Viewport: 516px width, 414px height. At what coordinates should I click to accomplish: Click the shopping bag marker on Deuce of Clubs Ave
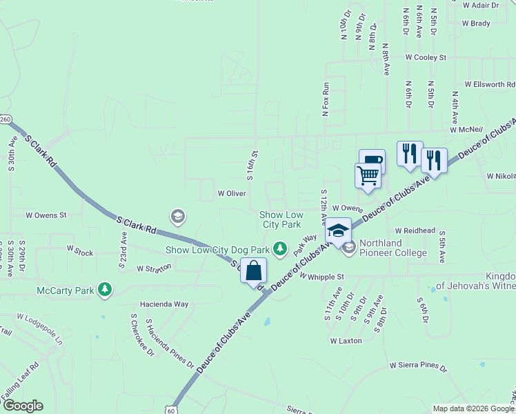pos(253,270)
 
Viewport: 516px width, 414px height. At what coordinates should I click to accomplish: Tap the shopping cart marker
pos(368,175)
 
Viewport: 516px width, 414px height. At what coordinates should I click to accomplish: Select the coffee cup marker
pos(372,161)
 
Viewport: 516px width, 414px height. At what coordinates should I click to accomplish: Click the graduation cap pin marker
pos(338,230)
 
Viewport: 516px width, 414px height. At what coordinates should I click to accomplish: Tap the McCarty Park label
pos(65,290)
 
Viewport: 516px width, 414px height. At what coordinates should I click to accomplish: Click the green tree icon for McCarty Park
pos(104,290)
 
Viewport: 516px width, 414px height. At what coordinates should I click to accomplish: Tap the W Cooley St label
pos(426,57)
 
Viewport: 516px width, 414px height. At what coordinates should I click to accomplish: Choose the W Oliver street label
pos(232,194)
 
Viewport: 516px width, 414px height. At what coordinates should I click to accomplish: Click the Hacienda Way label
pos(164,304)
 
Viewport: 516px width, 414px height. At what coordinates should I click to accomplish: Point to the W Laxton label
pos(346,341)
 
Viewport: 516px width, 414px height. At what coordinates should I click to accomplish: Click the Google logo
pos(23,406)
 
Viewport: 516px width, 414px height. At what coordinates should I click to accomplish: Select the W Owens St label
pos(46,215)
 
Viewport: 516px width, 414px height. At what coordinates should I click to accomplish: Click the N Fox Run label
pos(327,99)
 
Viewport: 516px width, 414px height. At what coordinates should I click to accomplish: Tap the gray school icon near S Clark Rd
pos(178,217)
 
